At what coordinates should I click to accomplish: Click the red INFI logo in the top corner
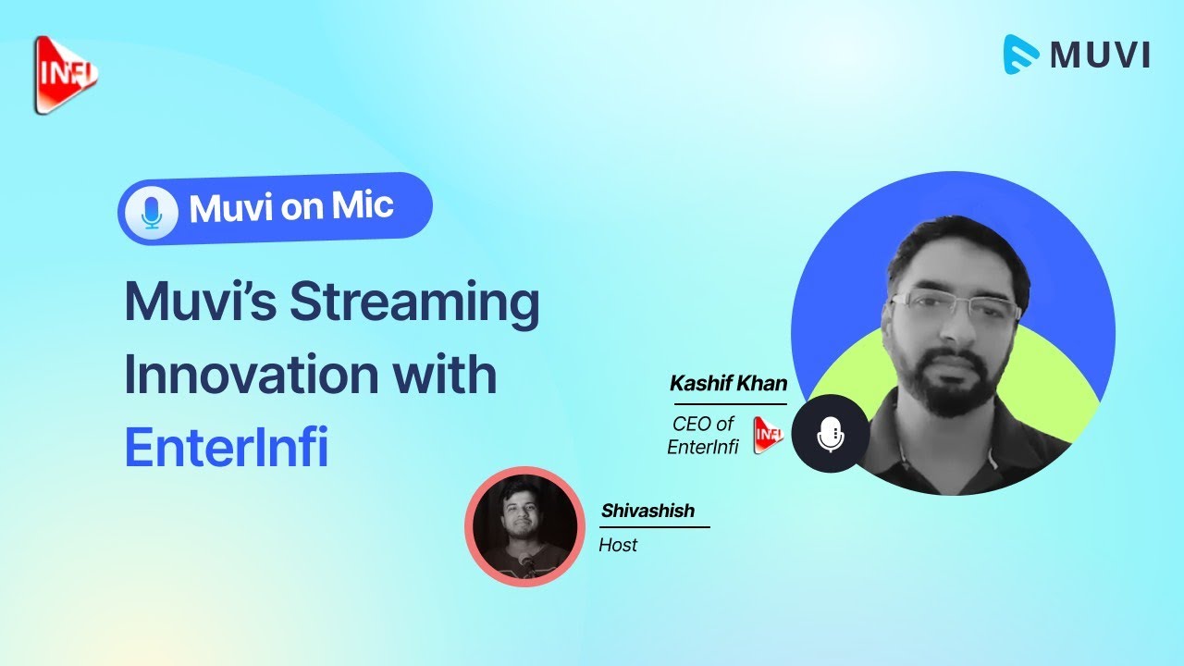66,75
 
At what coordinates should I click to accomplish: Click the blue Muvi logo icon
1021,55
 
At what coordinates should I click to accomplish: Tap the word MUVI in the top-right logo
1100,55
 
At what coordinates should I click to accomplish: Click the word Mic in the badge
363,204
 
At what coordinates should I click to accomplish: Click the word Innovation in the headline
251,375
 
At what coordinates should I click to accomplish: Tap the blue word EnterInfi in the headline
227,447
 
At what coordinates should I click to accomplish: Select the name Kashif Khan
728,383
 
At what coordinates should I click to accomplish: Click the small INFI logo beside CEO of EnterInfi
768,435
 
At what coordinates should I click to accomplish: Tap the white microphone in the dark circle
831,435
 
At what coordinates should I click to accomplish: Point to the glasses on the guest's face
956,305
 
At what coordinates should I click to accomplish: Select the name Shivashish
648,511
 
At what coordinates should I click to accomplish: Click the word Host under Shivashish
618,545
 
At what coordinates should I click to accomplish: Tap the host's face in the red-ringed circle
520,514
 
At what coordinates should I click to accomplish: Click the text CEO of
703,424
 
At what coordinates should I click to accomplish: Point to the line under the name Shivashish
654,527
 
